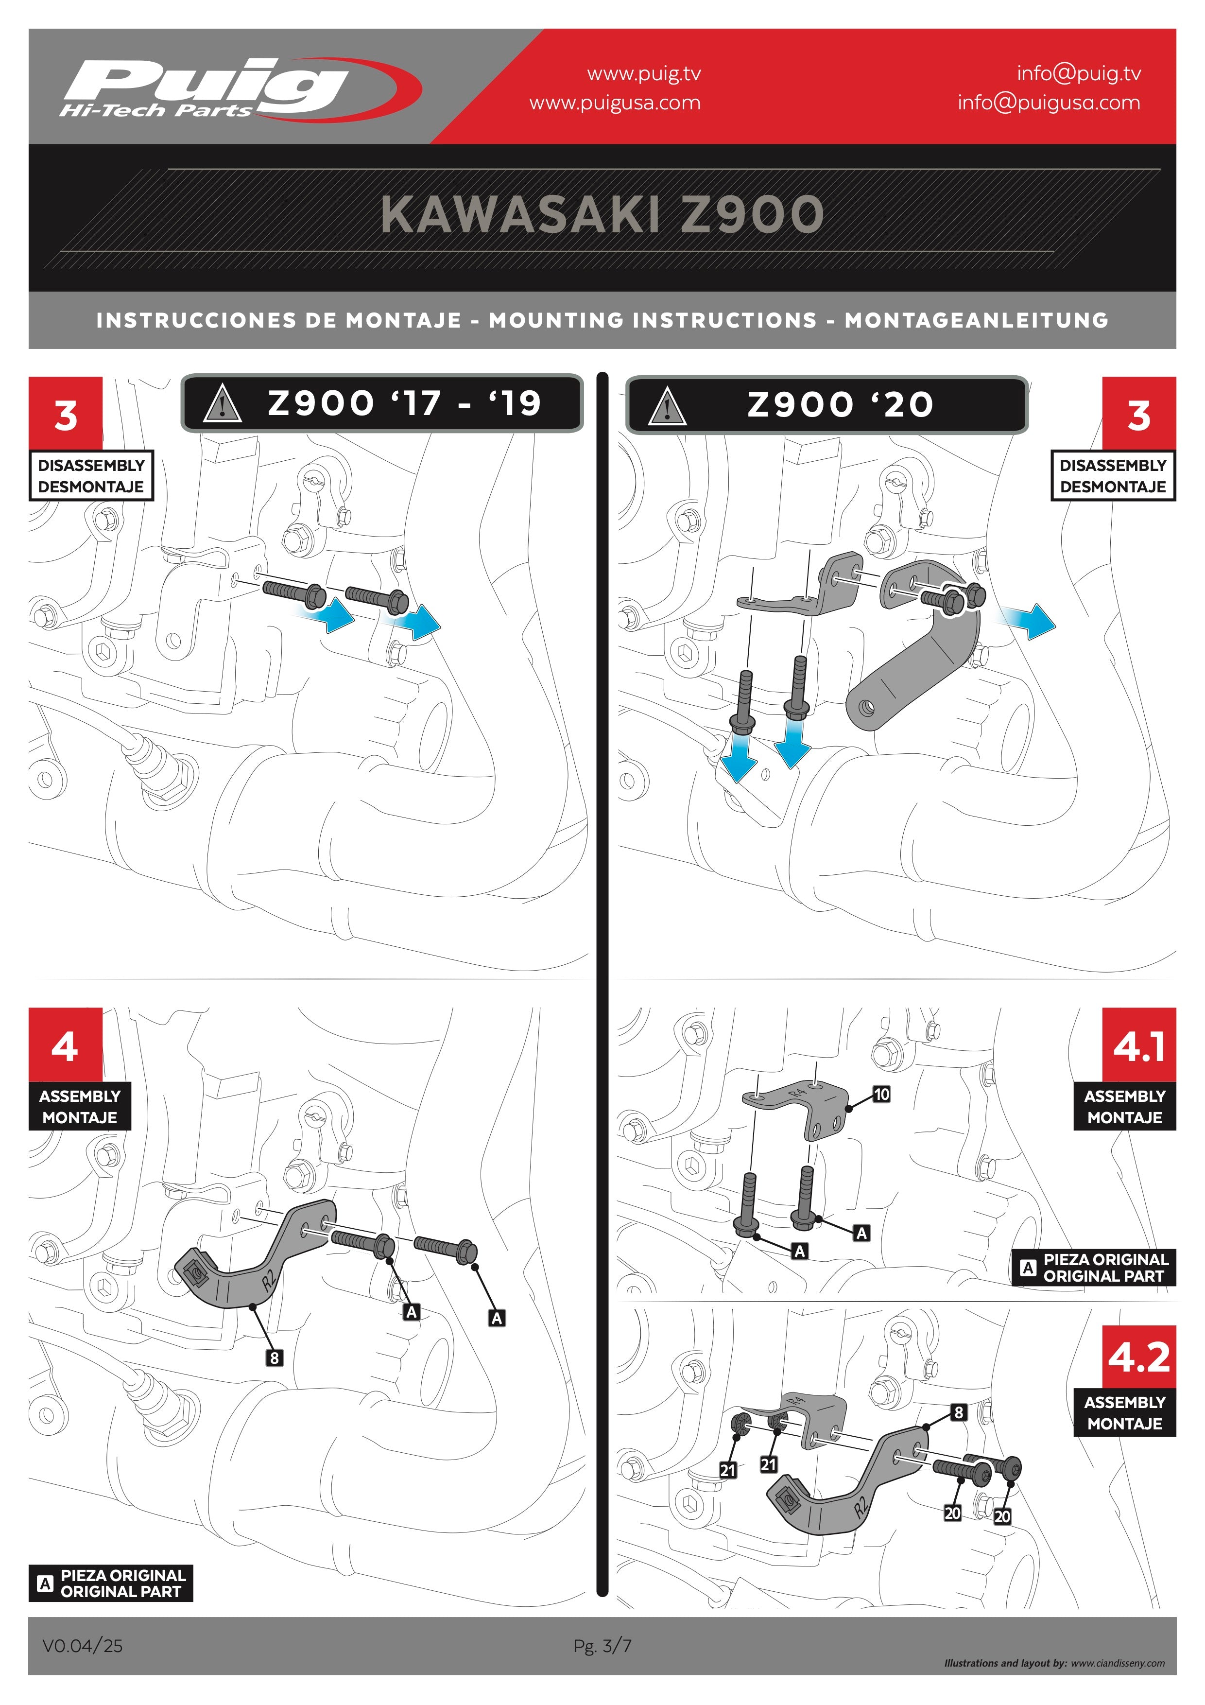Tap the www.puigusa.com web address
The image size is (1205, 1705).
[615, 103]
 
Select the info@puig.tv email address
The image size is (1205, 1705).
[1079, 73]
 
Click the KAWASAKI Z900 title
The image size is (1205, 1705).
[602, 215]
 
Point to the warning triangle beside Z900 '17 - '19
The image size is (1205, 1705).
[222, 405]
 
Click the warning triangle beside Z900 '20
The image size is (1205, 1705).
[667, 406]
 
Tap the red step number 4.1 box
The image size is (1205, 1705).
[1139, 1044]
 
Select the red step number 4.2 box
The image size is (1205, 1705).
[1139, 1357]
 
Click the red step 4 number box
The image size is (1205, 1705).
[65, 1044]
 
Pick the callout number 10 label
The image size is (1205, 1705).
[881, 1094]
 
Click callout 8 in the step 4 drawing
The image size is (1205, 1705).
[274, 1357]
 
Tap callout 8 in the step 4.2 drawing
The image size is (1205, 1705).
[959, 1411]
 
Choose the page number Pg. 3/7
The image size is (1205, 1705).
[602, 1646]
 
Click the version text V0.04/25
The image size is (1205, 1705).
[83, 1646]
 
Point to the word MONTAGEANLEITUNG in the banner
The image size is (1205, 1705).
[976, 320]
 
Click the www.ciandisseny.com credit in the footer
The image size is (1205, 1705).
[1118, 1663]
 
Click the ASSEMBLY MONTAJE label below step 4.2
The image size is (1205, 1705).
[1125, 1412]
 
